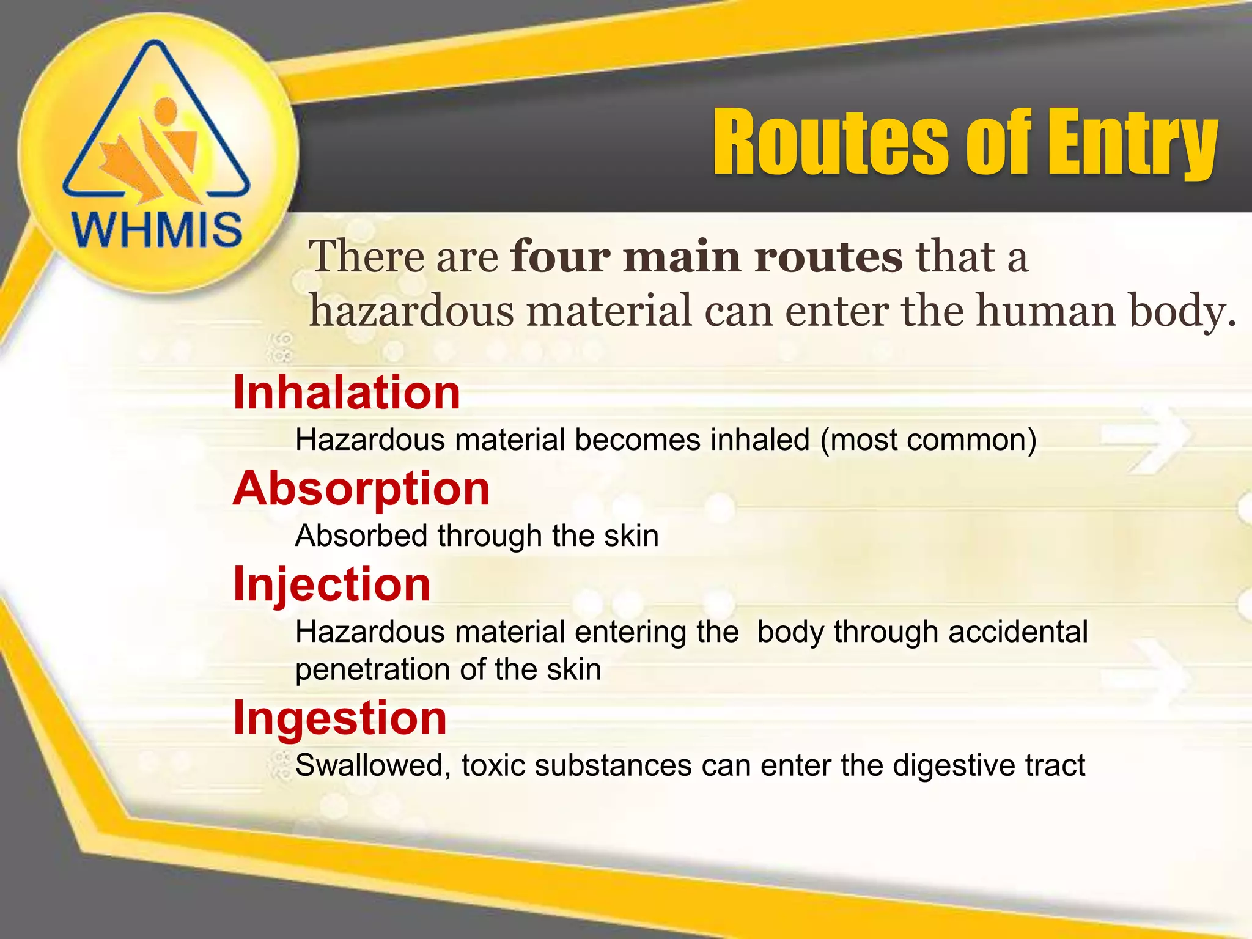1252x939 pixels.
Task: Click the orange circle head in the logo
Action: click(x=165, y=110)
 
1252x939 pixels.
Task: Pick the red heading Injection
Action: click(x=332, y=584)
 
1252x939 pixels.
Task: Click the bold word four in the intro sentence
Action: click(x=560, y=256)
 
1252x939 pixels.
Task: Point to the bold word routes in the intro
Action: click(x=828, y=256)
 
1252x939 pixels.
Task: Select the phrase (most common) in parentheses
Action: click(x=928, y=440)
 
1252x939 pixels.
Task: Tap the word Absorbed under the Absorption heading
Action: click(x=361, y=536)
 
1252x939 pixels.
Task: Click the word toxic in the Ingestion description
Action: click(x=493, y=765)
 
